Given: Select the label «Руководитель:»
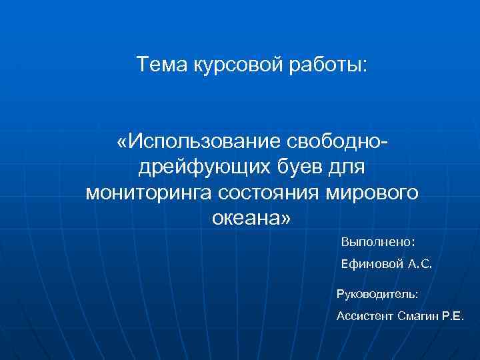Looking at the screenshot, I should tap(378, 293).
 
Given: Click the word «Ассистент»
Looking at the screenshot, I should tap(364, 316).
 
